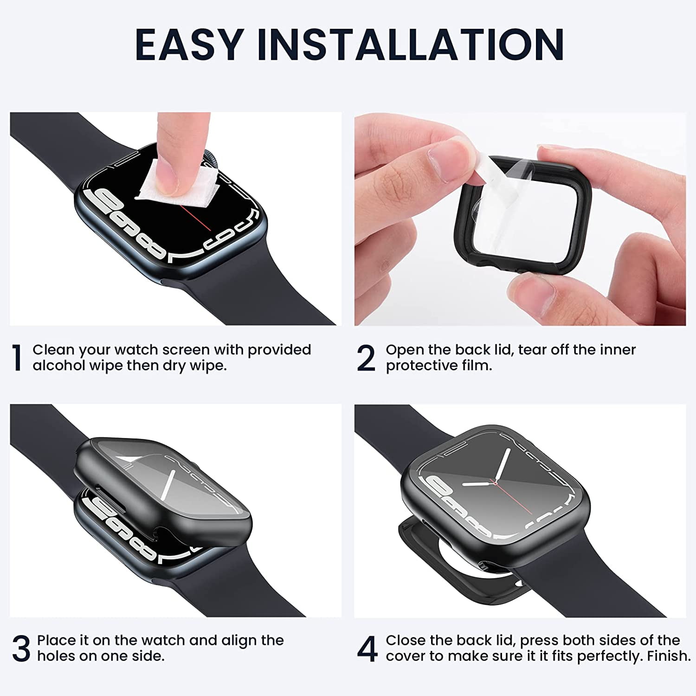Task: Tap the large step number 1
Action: [x=17, y=358]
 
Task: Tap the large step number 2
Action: [x=366, y=358]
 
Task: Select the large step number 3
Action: [x=21, y=649]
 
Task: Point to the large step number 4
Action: [x=367, y=649]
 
